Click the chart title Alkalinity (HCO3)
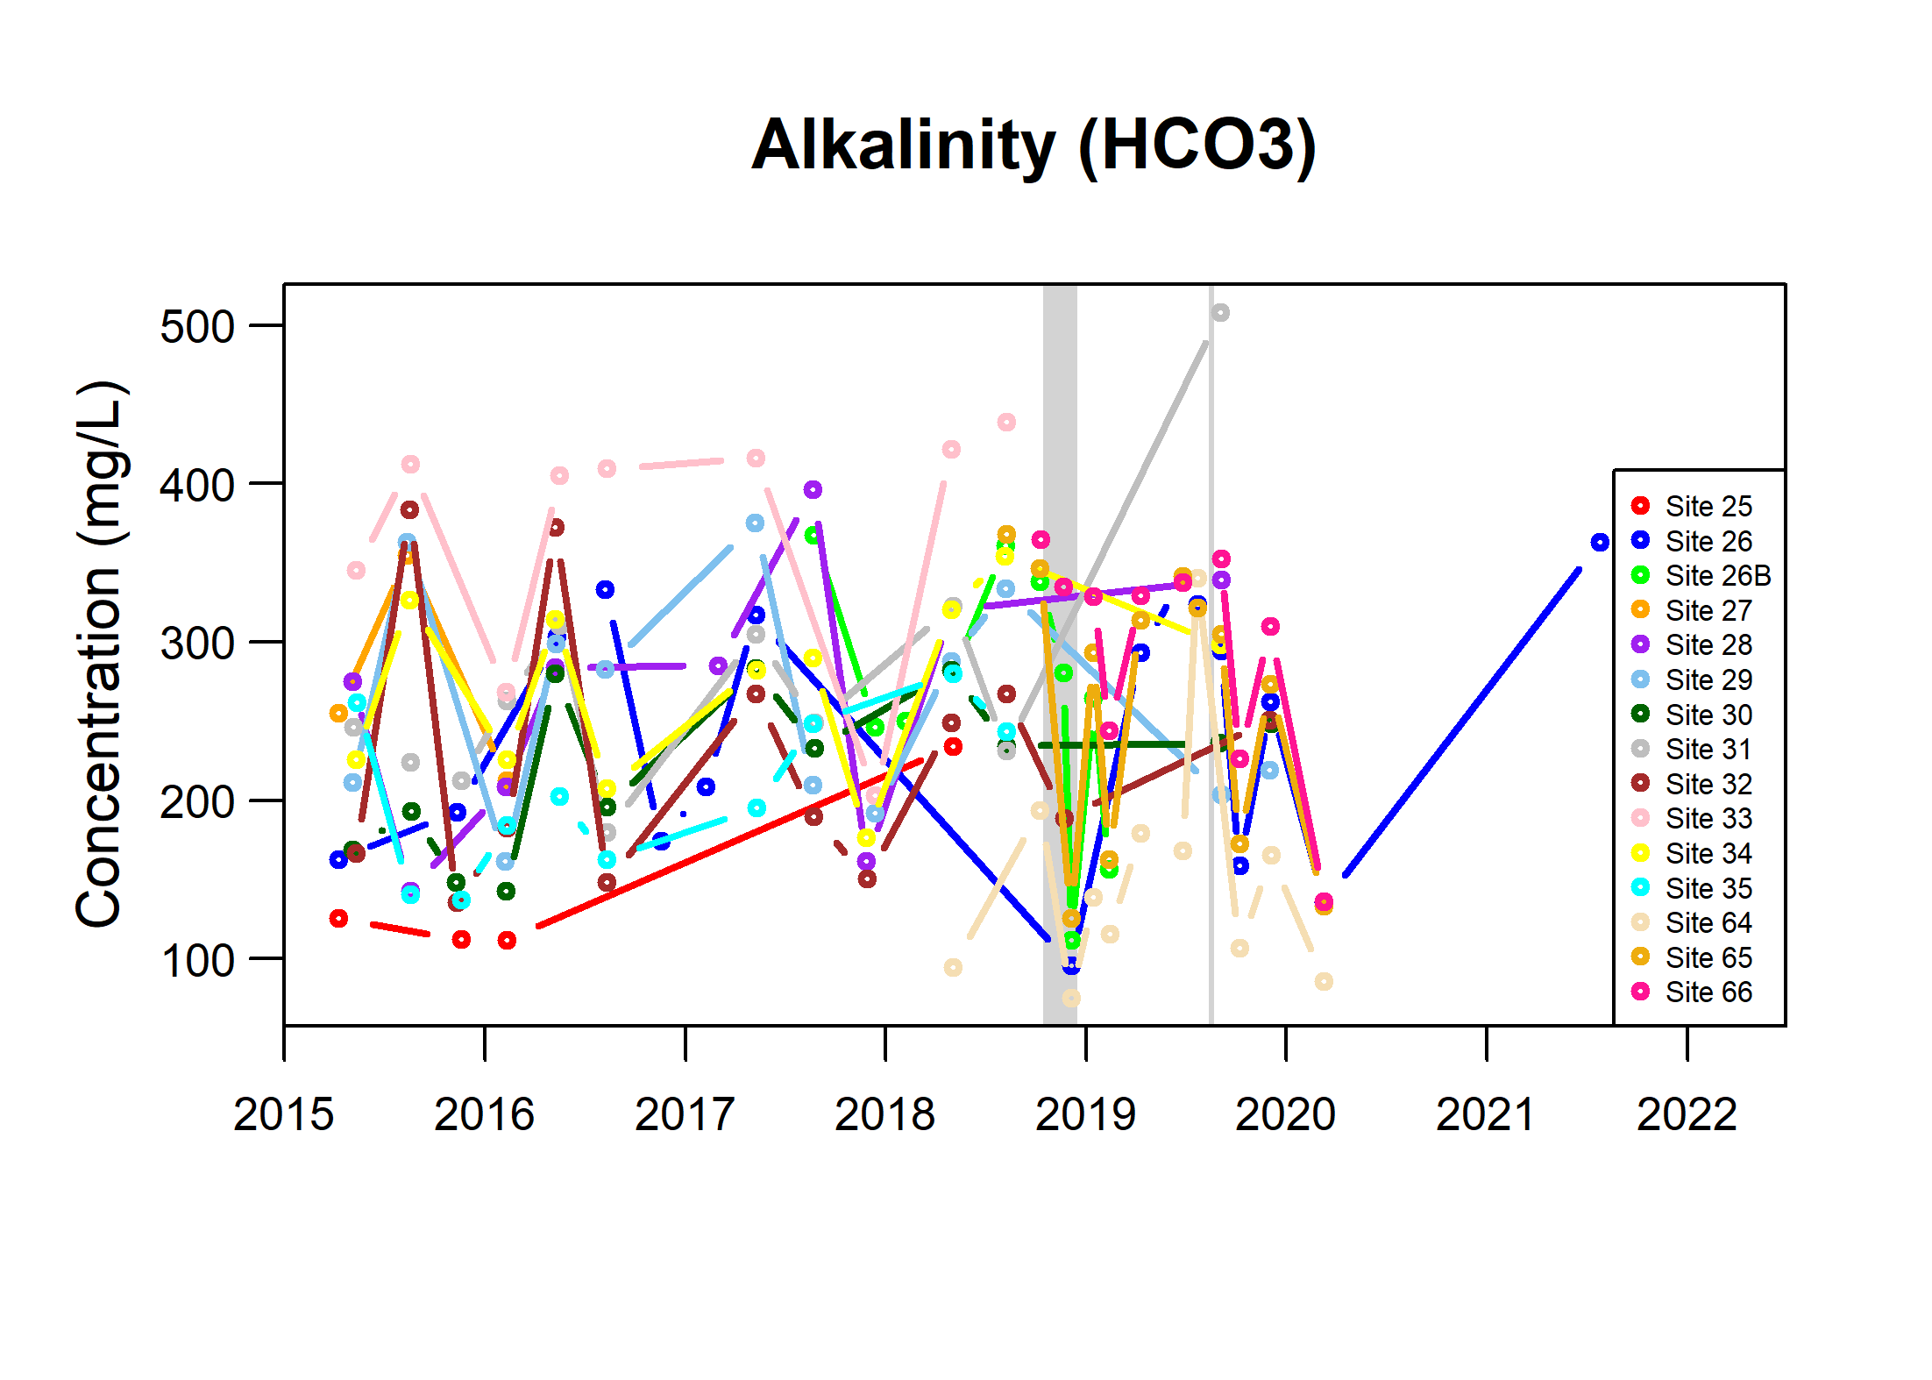pyautogui.click(x=1033, y=146)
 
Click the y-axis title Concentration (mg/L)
pyautogui.click(x=100, y=654)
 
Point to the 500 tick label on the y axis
pyautogui.click(x=197, y=327)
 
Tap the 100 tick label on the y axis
pyautogui.click(x=197, y=960)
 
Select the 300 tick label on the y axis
pyautogui.click(x=197, y=644)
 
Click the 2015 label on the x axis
pyautogui.click(x=283, y=1114)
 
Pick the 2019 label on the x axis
pyautogui.click(x=1085, y=1114)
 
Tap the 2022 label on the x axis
pyautogui.click(x=1687, y=1114)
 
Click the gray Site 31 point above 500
pyautogui.click(x=1220, y=313)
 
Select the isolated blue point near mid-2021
pyautogui.click(x=1600, y=543)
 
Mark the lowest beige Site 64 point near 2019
pyautogui.click(x=1071, y=998)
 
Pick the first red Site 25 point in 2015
pyautogui.click(x=338, y=918)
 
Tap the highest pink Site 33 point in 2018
pyautogui.click(x=1006, y=423)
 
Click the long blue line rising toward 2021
pyautogui.click(x=1462, y=722)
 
